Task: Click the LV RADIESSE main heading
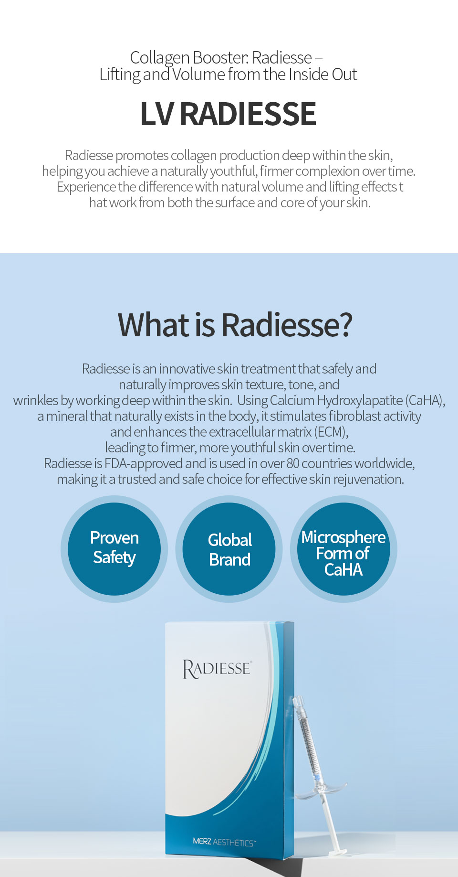(228, 114)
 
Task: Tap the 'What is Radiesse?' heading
(235, 324)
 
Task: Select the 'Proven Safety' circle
(114, 549)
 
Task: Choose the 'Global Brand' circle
(229, 549)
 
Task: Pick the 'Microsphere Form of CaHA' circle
(343, 549)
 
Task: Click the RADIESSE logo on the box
(217, 669)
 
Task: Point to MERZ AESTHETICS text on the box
(224, 842)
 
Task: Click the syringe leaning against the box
(320, 774)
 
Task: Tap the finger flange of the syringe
(321, 790)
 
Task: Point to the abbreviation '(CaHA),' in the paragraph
(426, 400)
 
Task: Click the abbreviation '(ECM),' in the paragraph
(332, 432)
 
